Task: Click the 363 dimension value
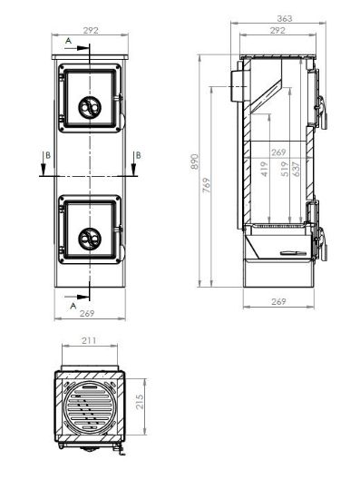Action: point(285,18)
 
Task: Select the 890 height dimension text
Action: point(195,161)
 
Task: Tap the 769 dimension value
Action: point(207,185)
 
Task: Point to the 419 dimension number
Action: point(264,169)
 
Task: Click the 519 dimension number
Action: point(285,169)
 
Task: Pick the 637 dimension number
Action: point(297,169)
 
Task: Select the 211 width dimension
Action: point(89,340)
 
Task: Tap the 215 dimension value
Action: point(140,402)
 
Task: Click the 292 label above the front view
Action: point(91,31)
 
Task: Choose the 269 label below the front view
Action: point(87,314)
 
